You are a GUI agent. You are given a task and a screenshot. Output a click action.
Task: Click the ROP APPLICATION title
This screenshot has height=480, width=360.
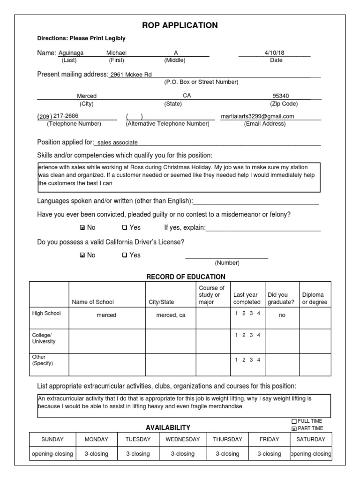(x=180, y=25)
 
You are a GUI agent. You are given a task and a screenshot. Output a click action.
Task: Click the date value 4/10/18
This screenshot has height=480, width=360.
(x=274, y=53)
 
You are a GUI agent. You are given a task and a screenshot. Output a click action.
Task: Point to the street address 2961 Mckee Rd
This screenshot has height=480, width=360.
(x=130, y=75)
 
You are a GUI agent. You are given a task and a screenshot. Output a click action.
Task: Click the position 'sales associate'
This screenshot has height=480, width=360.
(x=117, y=142)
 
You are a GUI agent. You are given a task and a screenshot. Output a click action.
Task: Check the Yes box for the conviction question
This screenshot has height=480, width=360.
(x=124, y=228)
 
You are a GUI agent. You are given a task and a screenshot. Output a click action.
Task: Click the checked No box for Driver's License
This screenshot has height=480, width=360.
(x=82, y=255)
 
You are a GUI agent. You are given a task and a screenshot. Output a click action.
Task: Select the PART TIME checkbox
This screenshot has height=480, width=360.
(x=294, y=428)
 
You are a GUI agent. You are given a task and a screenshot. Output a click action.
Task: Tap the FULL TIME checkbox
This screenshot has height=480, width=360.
(x=294, y=421)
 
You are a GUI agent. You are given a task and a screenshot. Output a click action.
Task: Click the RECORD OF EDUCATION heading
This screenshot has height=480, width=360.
(x=186, y=277)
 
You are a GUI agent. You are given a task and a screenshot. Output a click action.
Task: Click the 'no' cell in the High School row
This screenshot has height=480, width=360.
(x=282, y=316)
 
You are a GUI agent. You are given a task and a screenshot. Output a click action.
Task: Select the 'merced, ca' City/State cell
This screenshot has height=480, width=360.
(x=171, y=315)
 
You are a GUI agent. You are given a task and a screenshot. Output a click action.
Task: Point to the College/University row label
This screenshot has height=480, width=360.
(x=44, y=338)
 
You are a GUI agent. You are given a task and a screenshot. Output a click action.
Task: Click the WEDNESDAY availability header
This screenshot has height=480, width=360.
(x=182, y=439)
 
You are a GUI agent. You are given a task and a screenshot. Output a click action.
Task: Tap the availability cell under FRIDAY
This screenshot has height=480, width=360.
(x=269, y=454)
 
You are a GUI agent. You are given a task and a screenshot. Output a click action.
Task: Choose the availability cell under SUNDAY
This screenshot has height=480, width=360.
(x=52, y=454)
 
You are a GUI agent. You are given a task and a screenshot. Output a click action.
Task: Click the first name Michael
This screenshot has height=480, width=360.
(x=116, y=53)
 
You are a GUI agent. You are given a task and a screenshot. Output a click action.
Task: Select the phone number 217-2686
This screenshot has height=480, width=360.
(x=66, y=116)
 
